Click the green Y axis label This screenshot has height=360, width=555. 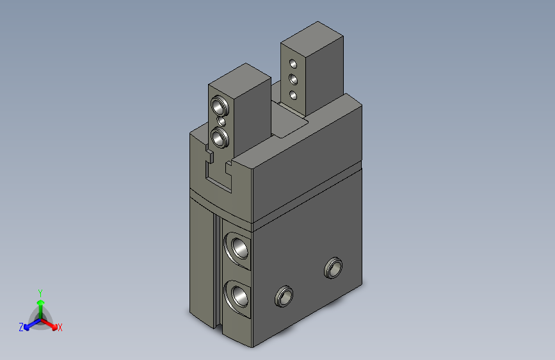point(40,293)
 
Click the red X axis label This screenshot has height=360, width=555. point(60,327)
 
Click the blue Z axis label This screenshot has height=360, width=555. point(21,327)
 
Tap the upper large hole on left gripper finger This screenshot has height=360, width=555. point(220,105)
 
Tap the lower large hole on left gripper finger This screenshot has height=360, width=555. point(220,138)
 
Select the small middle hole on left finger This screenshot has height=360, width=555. point(221,122)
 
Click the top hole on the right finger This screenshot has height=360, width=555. point(293,64)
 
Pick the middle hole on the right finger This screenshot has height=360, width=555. point(293,79)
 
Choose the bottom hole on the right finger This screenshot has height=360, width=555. point(293,95)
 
